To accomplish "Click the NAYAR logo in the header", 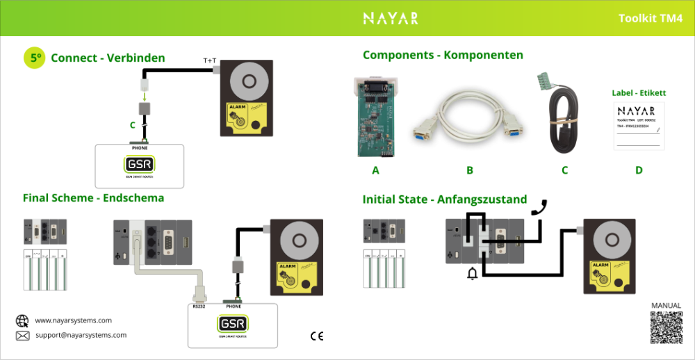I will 391,18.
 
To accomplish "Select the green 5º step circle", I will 34,58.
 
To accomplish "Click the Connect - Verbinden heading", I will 108,58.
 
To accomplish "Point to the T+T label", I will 210,61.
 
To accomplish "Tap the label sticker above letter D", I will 639,126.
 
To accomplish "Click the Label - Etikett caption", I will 639,92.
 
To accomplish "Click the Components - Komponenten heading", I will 443,55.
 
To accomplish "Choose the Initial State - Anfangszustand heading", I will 445,199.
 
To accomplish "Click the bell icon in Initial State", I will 473,274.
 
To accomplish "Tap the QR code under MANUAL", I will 666,327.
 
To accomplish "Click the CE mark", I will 317,336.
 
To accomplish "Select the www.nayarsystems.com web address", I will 73,320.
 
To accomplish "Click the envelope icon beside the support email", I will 22,336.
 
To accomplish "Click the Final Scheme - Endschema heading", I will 93,198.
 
